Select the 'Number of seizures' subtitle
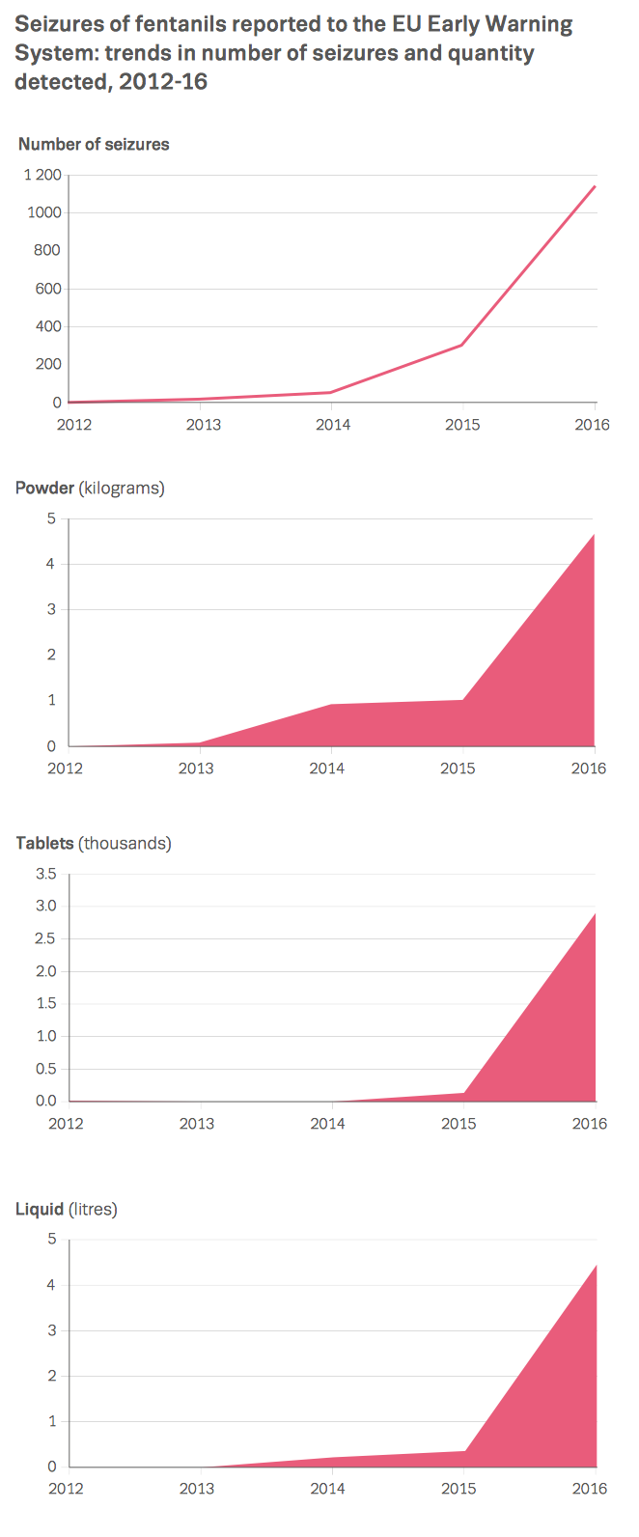[94, 144]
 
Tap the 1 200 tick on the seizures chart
[42, 175]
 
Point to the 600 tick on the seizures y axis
[48, 289]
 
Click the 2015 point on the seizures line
[462, 345]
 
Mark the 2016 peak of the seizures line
[595, 186]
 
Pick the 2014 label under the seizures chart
[333, 425]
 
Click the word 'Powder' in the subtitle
[44, 488]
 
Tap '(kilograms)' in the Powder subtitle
[122, 489]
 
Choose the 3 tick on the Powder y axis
[51, 609]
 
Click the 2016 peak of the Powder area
[594, 534]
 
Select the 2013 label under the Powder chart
[196, 768]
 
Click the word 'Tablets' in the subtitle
[44, 843]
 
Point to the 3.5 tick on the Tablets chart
[46, 874]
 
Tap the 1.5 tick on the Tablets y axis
[46, 1003]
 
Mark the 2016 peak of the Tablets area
[595, 913]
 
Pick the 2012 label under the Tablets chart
[66, 1124]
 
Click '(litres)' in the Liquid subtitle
[93, 1209]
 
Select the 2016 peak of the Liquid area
[596, 1266]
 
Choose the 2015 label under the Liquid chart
[458, 1489]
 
